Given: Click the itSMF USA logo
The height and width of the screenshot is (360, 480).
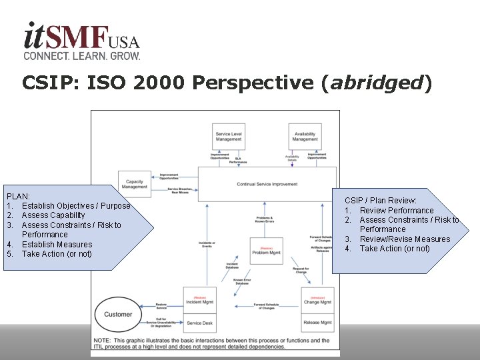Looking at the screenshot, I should tap(81, 41).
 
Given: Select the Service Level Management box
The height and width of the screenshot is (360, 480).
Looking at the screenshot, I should tap(229, 136).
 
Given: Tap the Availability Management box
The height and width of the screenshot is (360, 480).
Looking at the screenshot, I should tap(305, 136).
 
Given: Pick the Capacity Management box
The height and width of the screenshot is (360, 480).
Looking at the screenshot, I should tap(135, 183).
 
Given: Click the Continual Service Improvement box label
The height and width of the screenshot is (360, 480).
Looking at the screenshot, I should tap(267, 184).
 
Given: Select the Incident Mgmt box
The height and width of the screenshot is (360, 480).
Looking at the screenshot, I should tap(200, 301).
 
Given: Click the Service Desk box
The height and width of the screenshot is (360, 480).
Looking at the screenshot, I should tap(200, 323).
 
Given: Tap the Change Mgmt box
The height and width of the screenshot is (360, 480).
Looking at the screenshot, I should tap(317, 301).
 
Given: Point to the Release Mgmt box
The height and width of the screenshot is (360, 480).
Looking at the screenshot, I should tap(317, 323).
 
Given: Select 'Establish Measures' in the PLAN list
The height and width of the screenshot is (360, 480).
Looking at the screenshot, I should tap(57, 245).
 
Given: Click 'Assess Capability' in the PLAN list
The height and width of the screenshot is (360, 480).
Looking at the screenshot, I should tap(53, 215).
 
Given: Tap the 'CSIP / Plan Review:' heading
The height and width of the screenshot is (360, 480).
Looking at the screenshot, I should tap(381, 201).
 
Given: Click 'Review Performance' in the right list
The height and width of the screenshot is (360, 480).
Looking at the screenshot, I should tap(397, 211).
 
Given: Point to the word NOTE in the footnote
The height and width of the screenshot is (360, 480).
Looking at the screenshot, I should tap(103, 341).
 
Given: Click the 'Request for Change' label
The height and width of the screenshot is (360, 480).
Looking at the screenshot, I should tap(301, 270).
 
